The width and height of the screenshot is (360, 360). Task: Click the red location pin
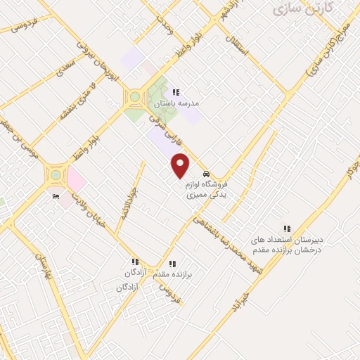click(x=181, y=165)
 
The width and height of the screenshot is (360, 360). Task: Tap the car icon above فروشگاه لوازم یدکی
click(x=205, y=174)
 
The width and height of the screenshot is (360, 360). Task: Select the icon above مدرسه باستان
click(x=176, y=92)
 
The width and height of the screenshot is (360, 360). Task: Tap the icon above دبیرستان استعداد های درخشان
click(x=286, y=228)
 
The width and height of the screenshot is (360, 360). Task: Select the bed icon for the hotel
click(x=56, y=197)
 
